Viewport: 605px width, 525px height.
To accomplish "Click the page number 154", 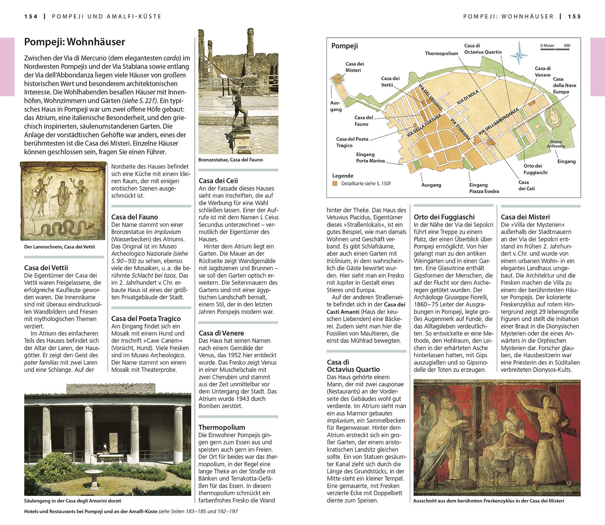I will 31,17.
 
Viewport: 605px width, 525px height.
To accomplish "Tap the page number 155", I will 574,17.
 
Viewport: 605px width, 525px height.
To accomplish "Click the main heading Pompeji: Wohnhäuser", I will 74,42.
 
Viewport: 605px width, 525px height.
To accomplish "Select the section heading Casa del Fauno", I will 135,217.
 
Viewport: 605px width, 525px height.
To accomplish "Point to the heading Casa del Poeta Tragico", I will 146,318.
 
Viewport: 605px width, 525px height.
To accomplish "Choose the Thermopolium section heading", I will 222,427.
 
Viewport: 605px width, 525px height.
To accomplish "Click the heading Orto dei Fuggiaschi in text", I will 444,217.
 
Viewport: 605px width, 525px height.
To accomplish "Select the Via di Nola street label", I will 468,97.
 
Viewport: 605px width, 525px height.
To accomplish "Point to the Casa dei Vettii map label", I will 390,82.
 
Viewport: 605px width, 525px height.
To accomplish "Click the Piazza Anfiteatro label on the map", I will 556,144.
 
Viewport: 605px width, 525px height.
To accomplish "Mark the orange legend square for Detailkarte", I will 335,184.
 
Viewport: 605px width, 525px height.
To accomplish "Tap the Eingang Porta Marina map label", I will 370,157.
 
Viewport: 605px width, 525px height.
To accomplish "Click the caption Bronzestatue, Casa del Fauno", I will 231,160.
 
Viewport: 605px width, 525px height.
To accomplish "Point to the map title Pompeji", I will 345,46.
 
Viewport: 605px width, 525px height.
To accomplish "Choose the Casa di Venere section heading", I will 221,333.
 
